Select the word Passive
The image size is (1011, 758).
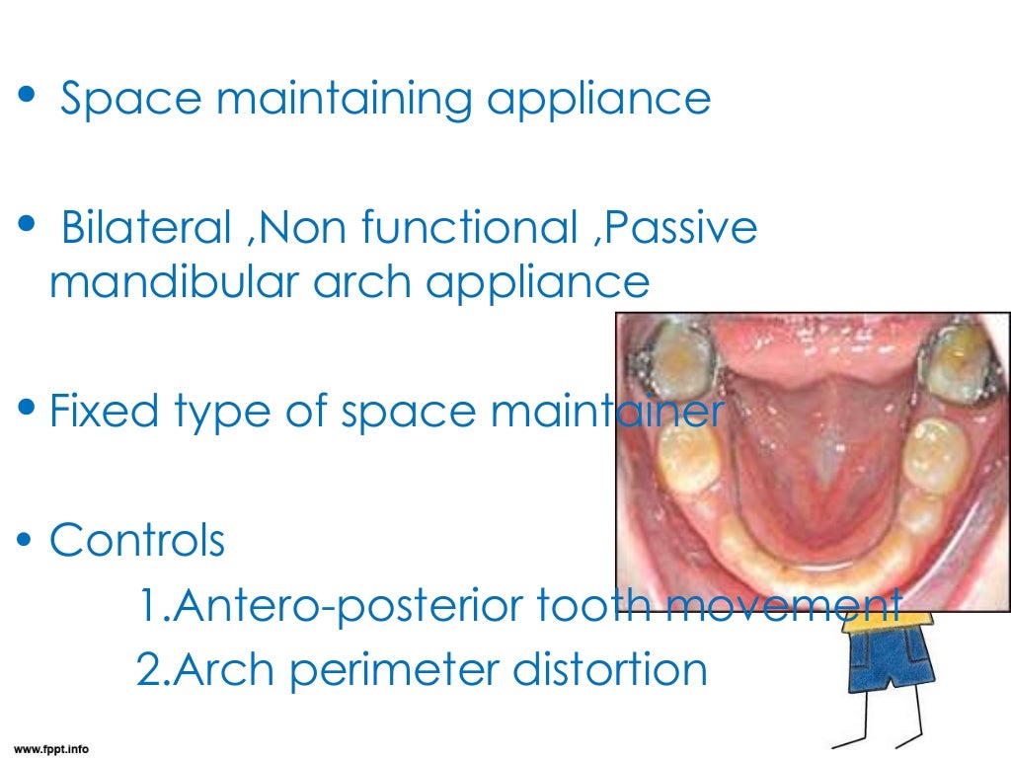click(x=680, y=229)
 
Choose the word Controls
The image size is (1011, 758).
click(x=136, y=540)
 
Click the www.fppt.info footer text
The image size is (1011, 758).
click(x=50, y=748)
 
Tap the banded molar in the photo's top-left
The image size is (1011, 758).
click(x=672, y=359)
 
